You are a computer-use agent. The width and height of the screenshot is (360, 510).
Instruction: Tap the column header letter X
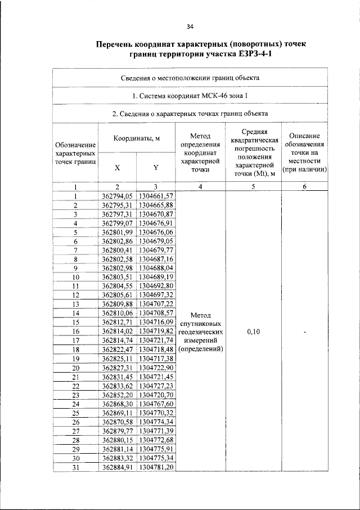pyautogui.click(x=117, y=168)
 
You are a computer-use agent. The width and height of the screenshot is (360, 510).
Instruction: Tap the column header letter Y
pyautogui.click(x=156, y=168)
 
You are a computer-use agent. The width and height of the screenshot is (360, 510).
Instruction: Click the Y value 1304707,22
pyautogui.click(x=156, y=303)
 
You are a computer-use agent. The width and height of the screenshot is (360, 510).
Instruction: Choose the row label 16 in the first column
pyautogui.click(x=75, y=332)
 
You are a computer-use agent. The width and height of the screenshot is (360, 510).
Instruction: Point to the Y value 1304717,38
pyautogui.click(x=156, y=359)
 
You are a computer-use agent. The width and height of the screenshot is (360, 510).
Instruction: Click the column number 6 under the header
pyautogui.click(x=303, y=187)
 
